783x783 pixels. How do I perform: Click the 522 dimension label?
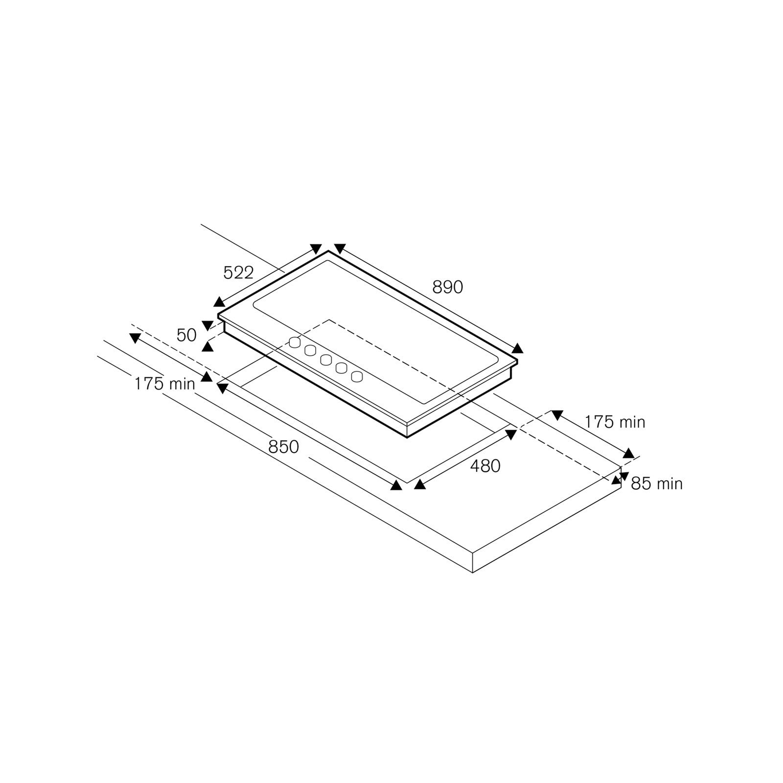click(x=238, y=273)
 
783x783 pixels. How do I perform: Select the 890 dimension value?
click(x=447, y=287)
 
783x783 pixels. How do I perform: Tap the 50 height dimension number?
click(x=186, y=335)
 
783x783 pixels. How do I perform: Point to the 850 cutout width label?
click(x=283, y=447)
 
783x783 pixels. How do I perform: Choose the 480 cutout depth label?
click(x=485, y=466)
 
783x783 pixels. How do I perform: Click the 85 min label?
click(x=656, y=484)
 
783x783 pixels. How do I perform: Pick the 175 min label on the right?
click(x=615, y=422)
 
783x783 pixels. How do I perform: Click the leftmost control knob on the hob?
click(x=294, y=343)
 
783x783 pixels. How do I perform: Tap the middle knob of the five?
click(x=325, y=360)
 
